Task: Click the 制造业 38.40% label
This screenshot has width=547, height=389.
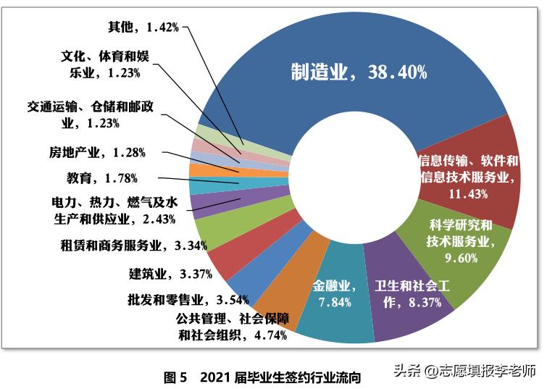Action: tap(358, 72)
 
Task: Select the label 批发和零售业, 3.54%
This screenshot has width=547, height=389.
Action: tap(188, 298)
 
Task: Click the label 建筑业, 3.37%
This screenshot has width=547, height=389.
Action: tap(170, 273)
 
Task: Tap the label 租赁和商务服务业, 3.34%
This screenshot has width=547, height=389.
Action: tap(133, 245)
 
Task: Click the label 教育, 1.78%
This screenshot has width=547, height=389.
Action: tap(96, 177)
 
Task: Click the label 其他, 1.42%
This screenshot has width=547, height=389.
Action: tap(142, 28)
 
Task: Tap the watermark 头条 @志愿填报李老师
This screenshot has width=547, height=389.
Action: tap(464, 371)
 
